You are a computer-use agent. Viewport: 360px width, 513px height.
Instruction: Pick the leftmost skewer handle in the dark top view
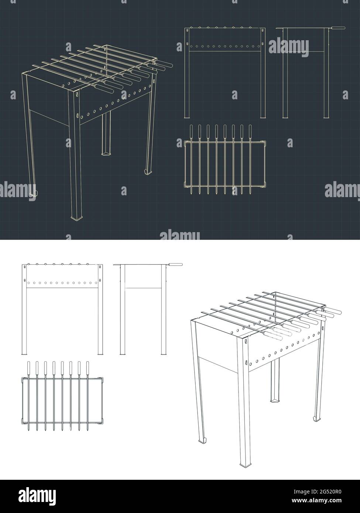[x=191, y=131]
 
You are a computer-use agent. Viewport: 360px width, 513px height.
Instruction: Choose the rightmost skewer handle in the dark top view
[x=250, y=131]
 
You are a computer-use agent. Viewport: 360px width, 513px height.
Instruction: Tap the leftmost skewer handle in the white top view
[x=28, y=368]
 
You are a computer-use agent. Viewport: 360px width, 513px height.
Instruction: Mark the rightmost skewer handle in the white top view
[x=88, y=368]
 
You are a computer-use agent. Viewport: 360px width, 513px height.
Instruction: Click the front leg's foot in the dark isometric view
[x=77, y=218]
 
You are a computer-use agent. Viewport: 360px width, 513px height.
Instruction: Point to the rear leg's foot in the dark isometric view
[x=106, y=152]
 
